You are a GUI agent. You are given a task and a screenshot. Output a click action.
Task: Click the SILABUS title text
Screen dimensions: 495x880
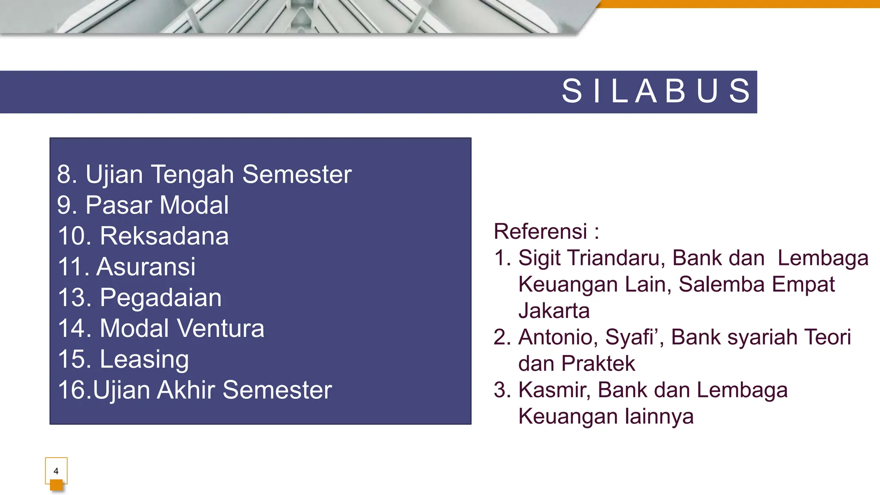point(656,91)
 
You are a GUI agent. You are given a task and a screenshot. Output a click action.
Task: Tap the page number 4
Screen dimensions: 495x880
point(56,471)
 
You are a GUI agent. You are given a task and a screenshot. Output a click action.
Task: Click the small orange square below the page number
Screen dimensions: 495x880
point(56,486)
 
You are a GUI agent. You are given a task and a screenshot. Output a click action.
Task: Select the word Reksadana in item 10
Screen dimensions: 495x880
point(164,236)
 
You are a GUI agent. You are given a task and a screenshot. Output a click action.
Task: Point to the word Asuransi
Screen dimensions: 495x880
point(146,267)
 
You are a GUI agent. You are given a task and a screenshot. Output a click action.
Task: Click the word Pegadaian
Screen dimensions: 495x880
point(161,298)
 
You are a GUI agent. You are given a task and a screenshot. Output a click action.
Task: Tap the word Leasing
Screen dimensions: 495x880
point(144,360)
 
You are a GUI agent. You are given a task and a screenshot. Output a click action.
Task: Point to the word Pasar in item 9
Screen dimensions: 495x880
point(118,205)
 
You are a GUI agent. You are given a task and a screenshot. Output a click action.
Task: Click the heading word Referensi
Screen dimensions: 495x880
point(540,232)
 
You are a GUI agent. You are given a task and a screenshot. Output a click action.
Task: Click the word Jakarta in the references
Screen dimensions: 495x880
point(554,311)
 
